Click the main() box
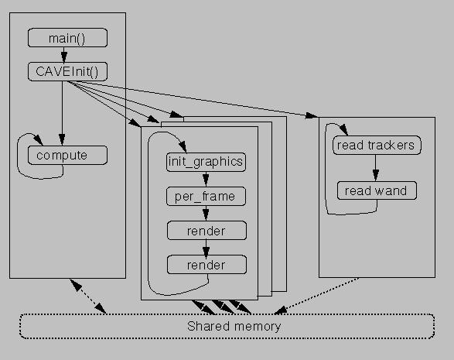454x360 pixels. pos(67,38)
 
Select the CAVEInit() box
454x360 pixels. pos(67,71)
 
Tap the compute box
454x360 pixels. pos(67,156)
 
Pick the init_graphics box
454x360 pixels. pos(206,162)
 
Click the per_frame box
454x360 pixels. pos(206,196)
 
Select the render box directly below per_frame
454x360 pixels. pos(207,231)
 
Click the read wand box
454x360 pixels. pos(377,190)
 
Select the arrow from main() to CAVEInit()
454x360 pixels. pos(64,54)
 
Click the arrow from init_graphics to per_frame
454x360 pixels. pos(206,179)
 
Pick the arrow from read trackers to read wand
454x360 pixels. pos(376,168)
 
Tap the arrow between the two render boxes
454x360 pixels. pos(206,248)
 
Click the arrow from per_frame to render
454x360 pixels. pos(206,214)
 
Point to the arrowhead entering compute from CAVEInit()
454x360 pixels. pos(62,139)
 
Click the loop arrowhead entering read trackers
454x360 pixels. pos(343,130)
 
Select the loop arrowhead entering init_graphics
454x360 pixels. pos(183,147)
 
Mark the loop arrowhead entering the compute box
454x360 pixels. pos(38,139)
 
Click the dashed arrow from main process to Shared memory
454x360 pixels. pos(87,296)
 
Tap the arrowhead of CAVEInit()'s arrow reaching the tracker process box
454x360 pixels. pos(311,115)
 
